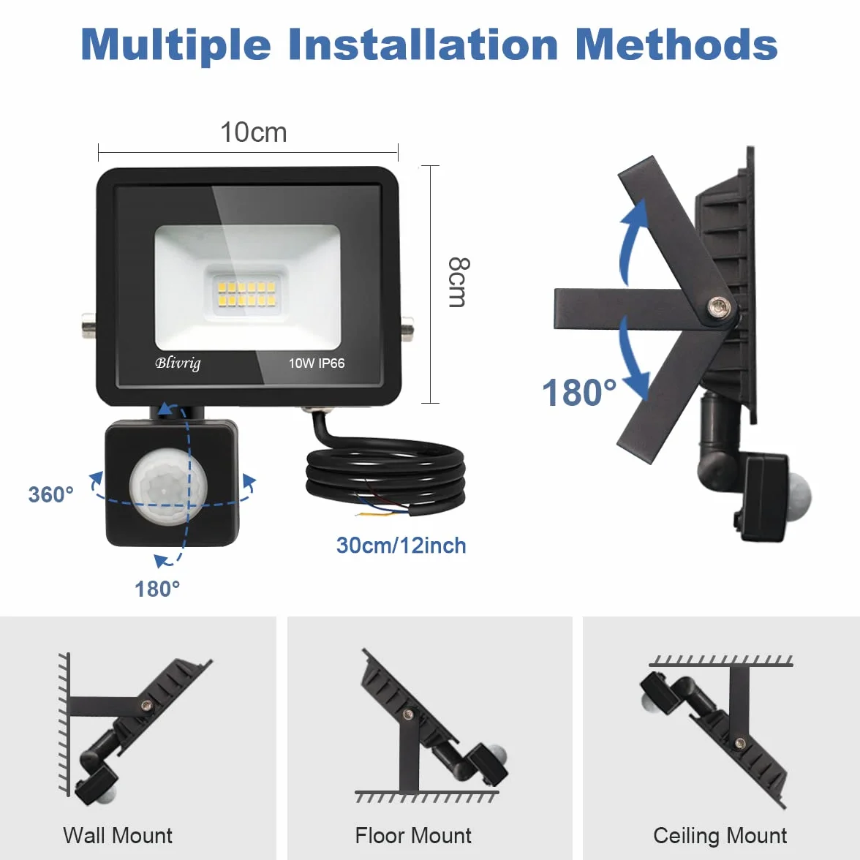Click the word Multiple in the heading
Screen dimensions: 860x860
[x=176, y=45]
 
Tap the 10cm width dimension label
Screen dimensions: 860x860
[x=253, y=132]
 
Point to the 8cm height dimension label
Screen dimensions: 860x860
[x=459, y=282]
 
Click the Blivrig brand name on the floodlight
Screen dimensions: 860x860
[x=178, y=363]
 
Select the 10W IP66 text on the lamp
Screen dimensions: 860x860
[x=317, y=363]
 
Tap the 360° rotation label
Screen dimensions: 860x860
[x=51, y=494]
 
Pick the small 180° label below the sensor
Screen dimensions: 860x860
[x=157, y=589]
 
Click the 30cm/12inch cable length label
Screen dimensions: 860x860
[x=401, y=546]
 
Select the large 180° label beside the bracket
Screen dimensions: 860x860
[x=579, y=392]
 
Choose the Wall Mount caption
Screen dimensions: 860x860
[x=117, y=835]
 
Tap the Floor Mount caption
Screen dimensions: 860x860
[x=413, y=835]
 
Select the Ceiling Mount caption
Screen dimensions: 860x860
[x=720, y=836]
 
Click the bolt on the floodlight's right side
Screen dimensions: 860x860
[x=407, y=328]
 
